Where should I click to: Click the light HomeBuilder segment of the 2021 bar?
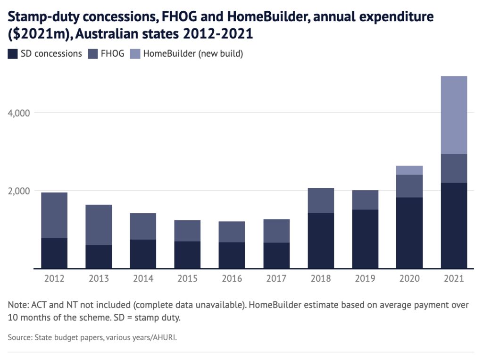tap(454, 115)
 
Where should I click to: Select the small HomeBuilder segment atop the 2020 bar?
tap(409, 170)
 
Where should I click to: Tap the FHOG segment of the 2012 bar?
tap(54, 215)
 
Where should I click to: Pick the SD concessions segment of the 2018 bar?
tap(321, 240)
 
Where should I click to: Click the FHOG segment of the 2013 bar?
tap(99, 225)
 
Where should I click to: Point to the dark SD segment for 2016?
tap(232, 255)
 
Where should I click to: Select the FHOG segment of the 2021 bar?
tap(454, 168)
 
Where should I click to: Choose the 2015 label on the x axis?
tap(187, 279)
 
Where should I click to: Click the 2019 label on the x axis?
tap(365, 279)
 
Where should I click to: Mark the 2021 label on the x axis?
tap(454, 279)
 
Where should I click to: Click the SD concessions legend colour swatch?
tap(13, 54)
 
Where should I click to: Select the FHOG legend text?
tap(112, 54)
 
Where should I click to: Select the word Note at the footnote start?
tap(18, 305)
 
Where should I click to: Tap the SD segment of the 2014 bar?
tap(143, 254)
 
